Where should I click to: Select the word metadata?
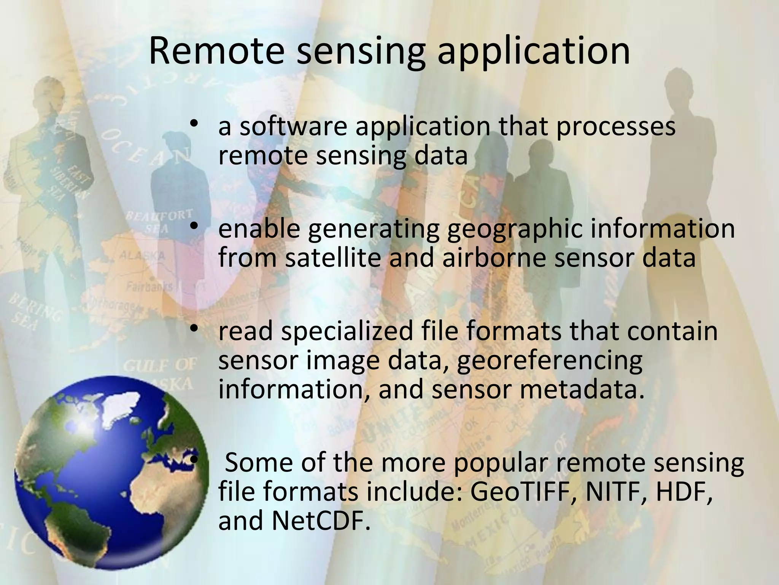pyautogui.click(x=582, y=389)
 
